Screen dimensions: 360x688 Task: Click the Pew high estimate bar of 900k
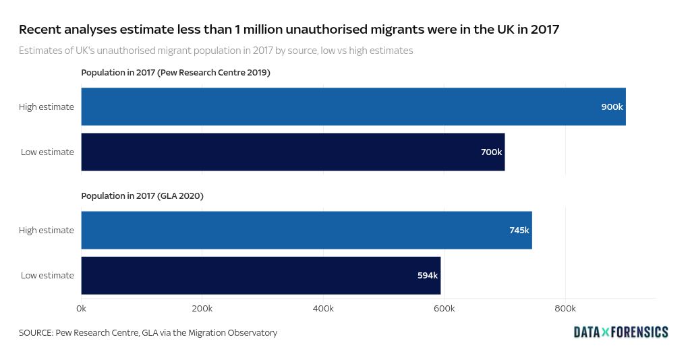click(353, 107)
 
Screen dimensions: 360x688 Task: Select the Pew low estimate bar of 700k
click(293, 152)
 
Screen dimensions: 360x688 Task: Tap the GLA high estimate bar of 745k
click(306, 230)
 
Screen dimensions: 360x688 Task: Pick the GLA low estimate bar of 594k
click(260, 275)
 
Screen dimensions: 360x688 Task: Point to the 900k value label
click(612, 107)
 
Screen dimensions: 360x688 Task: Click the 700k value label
click(491, 152)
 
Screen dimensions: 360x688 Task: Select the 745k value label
click(519, 230)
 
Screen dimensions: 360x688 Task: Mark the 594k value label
click(428, 275)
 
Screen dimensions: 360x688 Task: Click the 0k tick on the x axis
click(81, 308)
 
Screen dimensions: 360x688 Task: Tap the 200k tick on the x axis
click(202, 308)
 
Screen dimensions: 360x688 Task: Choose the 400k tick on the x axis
click(323, 308)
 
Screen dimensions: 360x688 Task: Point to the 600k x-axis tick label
click(444, 308)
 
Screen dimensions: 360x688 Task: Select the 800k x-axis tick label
click(565, 308)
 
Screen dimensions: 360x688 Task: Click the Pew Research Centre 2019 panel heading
click(175, 72)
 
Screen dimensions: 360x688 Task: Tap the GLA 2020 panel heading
click(142, 196)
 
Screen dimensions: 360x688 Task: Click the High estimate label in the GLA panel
click(47, 230)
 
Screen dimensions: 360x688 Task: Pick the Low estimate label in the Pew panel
click(47, 152)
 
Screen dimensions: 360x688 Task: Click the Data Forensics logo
click(621, 332)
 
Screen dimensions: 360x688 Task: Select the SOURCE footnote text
click(148, 332)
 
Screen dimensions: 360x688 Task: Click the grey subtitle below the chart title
click(216, 51)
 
